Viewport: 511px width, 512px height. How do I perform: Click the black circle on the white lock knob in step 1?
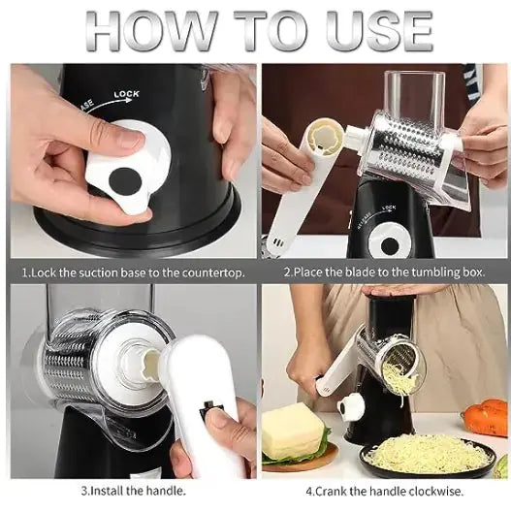pyautogui.click(x=125, y=180)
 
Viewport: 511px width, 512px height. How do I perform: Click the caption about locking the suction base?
pyautogui.click(x=130, y=272)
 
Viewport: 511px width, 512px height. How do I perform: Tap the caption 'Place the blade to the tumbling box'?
pyautogui.click(x=384, y=272)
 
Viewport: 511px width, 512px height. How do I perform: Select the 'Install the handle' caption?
pyautogui.click(x=132, y=491)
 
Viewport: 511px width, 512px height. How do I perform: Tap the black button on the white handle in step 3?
pyautogui.click(x=207, y=414)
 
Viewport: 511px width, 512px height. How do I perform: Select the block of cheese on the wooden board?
pyautogui.click(x=293, y=432)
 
